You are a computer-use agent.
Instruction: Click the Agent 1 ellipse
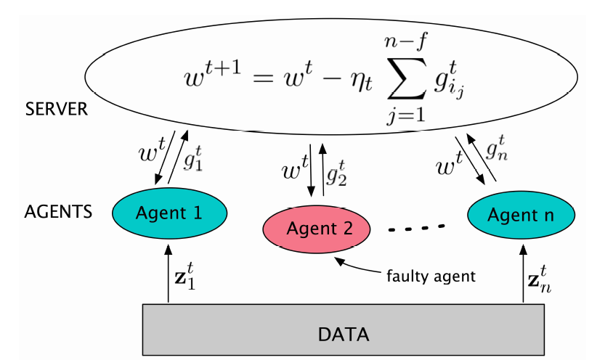point(170,213)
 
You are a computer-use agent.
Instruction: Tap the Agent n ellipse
point(521,215)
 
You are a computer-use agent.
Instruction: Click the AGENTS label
point(58,212)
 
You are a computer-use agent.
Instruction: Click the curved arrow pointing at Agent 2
point(358,268)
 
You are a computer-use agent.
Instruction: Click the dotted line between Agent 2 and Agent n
point(415,229)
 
